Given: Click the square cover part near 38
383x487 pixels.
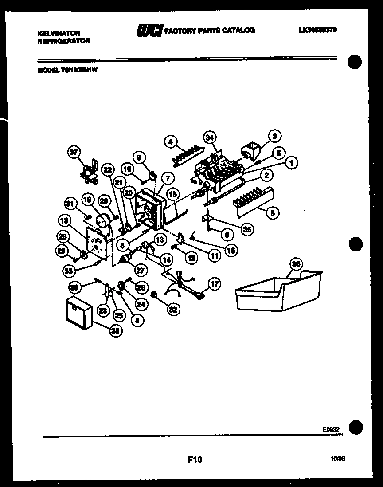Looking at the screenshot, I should (x=79, y=314).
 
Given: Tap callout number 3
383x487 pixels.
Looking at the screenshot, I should (x=275, y=136).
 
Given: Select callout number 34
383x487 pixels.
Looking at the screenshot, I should (x=211, y=136).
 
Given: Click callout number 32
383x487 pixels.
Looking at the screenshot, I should (x=172, y=310).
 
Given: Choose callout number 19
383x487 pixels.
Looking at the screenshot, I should (x=87, y=200).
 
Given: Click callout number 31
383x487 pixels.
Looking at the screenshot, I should (x=70, y=204).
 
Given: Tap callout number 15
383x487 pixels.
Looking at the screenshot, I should (x=173, y=194).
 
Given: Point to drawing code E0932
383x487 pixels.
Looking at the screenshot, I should (x=331, y=429).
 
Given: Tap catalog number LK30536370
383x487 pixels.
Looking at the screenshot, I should (x=318, y=30).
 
